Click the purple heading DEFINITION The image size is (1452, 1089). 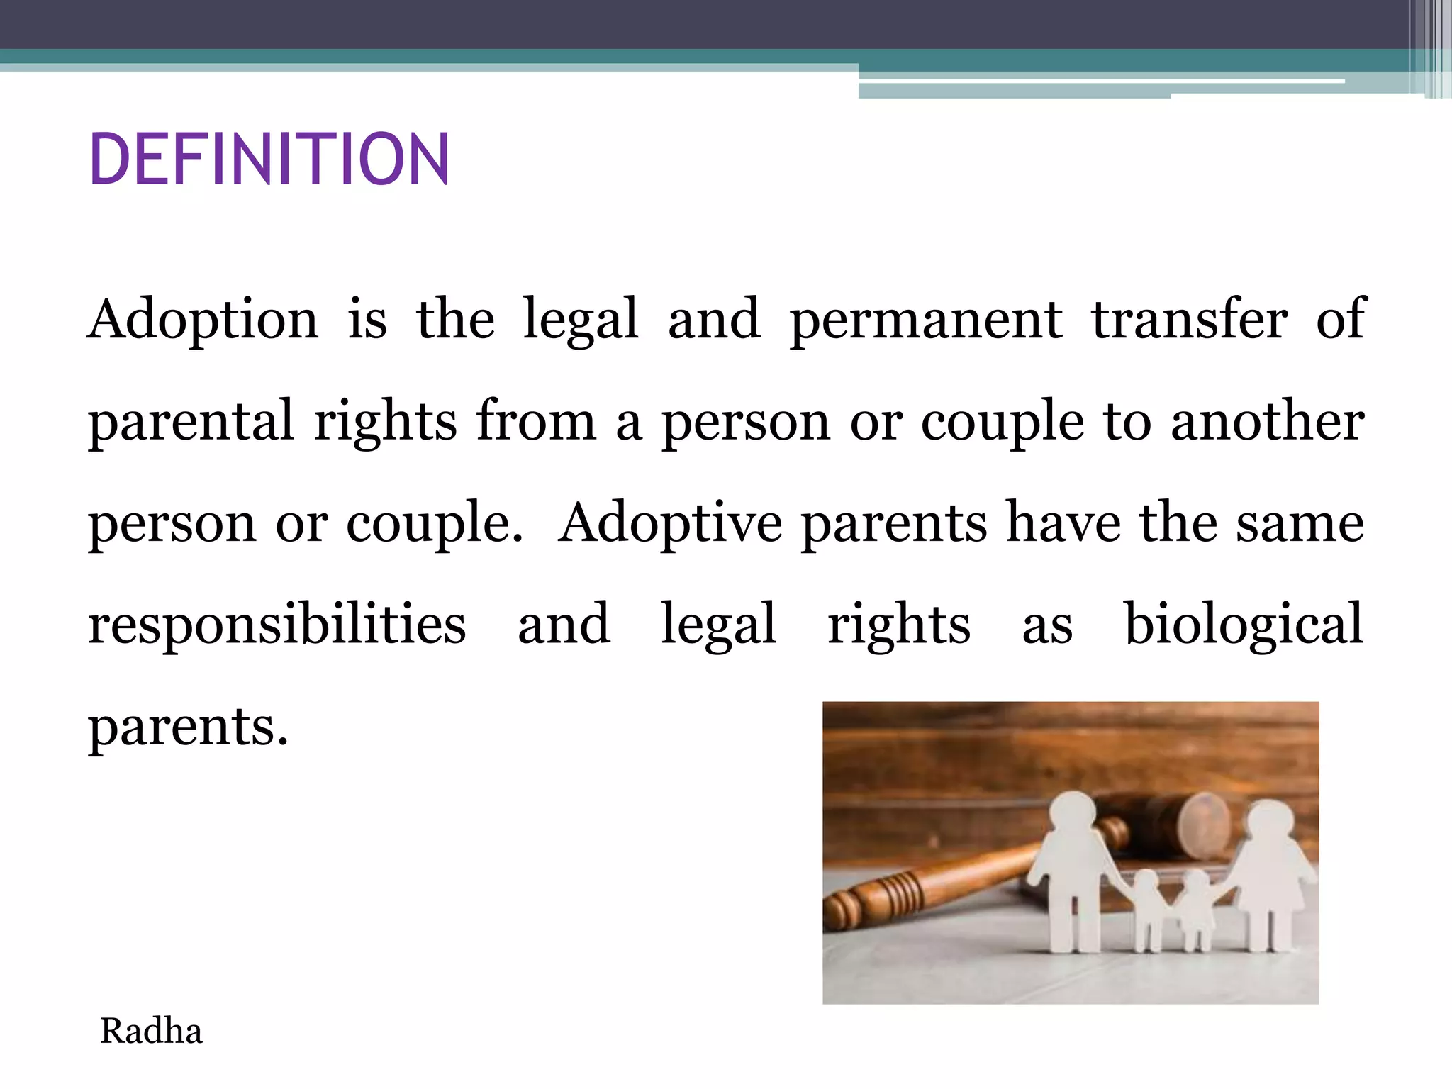click(269, 160)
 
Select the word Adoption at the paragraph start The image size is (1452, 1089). click(203, 319)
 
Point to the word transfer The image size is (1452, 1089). click(1189, 319)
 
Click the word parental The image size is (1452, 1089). click(190, 421)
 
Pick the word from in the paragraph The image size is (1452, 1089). click(536, 420)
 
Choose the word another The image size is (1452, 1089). click(1267, 420)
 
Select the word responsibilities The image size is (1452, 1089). click(277, 624)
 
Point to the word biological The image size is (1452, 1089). click(1244, 624)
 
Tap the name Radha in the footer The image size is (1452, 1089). click(151, 1031)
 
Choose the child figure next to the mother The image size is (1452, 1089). click(1197, 911)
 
